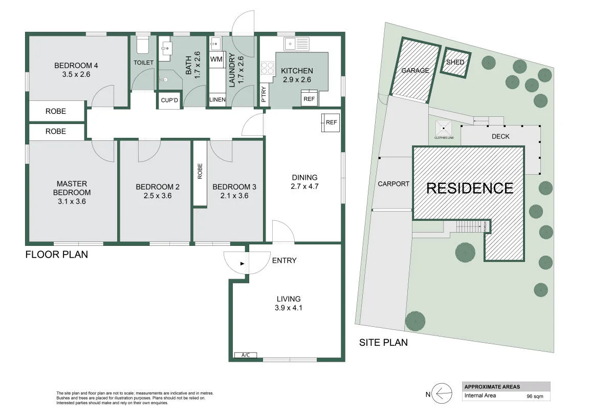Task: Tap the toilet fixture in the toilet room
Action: (x=143, y=45)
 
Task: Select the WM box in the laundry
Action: (x=216, y=59)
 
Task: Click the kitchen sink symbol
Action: (x=296, y=44)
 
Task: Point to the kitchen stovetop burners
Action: (x=268, y=68)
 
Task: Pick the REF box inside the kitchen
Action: (x=309, y=98)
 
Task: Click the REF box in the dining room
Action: (x=331, y=122)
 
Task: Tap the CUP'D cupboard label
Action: (x=169, y=100)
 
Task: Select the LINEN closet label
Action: (x=217, y=100)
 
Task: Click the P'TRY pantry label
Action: (x=264, y=94)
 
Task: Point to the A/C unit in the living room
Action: (x=246, y=355)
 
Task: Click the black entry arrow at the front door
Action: (x=242, y=264)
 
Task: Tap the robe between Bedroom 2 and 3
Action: (x=200, y=173)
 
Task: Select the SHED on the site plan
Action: (x=455, y=62)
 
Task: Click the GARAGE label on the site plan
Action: (x=415, y=70)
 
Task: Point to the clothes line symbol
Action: (x=444, y=129)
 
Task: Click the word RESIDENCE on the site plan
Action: (x=470, y=188)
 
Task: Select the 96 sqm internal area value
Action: (x=535, y=397)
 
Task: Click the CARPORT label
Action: (x=394, y=184)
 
